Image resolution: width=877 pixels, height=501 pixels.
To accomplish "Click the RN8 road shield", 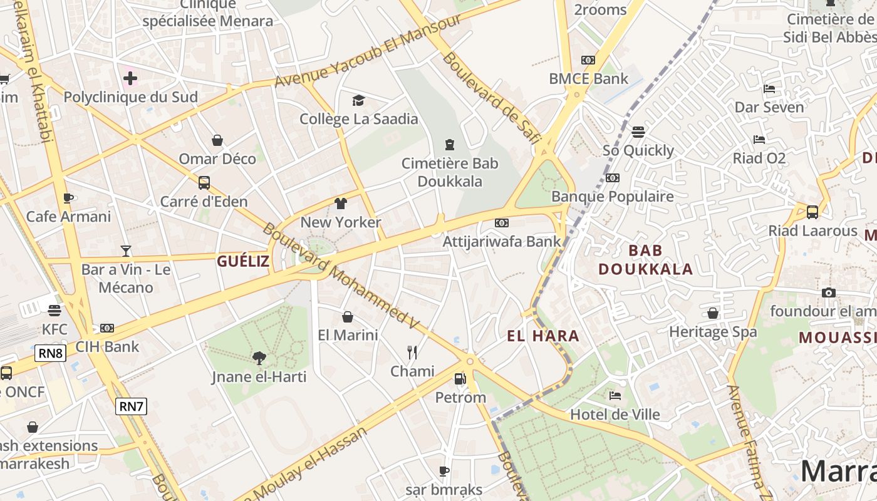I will click(x=51, y=353).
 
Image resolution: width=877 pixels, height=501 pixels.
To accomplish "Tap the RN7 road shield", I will click(x=132, y=406).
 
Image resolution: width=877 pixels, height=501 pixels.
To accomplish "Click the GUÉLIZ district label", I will click(x=243, y=261).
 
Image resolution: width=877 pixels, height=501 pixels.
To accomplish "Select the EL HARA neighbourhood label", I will click(x=543, y=336).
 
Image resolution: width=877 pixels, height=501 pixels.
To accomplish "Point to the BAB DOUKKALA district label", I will click(x=645, y=260).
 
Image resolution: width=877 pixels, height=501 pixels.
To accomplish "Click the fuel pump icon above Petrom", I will click(x=460, y=378).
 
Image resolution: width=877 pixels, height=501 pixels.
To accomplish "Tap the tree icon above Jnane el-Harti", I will click(x=259, y=358).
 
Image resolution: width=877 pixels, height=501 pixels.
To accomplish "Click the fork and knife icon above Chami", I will click(x=412, y=353).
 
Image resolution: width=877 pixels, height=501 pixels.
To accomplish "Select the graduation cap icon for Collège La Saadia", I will click(x=358, y=100).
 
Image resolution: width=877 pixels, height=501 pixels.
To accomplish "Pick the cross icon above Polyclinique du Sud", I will click(x=130, y=78).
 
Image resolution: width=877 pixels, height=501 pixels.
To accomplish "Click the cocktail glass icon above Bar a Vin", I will click(x=126, y=251).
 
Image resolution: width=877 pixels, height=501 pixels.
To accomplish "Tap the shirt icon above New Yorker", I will click(x=341, y=204).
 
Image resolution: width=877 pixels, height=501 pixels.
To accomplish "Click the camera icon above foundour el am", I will click(x=829, y=292).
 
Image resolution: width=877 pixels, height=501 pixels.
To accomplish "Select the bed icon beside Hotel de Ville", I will click(x=615, y=396).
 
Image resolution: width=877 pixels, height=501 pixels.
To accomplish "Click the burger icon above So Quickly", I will click(x=638, y=132).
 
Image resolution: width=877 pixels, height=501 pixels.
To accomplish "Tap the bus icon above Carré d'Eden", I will click(x=204, y=183).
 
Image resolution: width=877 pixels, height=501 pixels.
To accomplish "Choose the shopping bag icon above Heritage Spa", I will click(x=713, y=313).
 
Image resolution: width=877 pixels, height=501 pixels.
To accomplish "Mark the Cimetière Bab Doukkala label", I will click(x=450, y=172).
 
